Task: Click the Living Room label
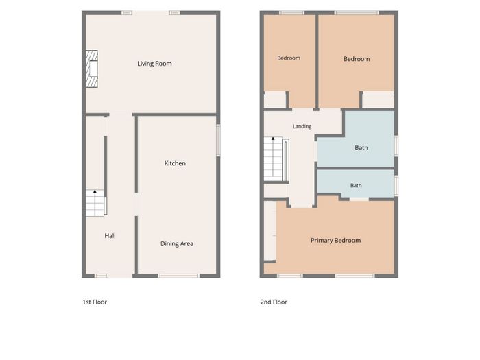[x=154, y=64]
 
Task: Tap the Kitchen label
[x=175, y=163]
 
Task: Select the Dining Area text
[x=177, y=244]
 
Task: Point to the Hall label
[x=110, y=236]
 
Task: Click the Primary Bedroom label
[x=335, y=241]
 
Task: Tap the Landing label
[x=302, y=126]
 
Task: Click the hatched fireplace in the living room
[x=91, y=69]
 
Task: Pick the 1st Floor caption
[x=95, y=302]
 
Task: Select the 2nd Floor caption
[x=274, y=302]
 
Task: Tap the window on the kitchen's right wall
[x=218, y=140]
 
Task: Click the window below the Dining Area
[x=179, y=276]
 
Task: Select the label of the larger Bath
[x=361, y=148]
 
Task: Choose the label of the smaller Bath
[x=356, y=186]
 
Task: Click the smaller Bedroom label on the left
[x=289, y=58]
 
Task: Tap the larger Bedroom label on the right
[x=357, y=59]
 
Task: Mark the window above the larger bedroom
[x=357, y=13]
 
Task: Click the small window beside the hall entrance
[x=101, y=276]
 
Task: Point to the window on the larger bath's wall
[x=396, y=146]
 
